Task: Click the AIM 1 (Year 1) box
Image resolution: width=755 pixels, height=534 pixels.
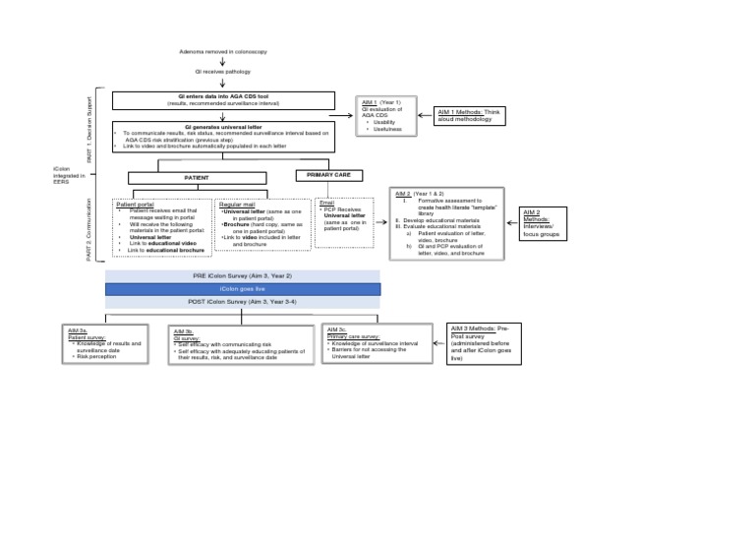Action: tap(386, 115)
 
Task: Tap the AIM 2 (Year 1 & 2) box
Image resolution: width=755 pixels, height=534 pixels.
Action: tap(448, 223)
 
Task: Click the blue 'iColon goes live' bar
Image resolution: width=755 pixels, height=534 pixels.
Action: tap(243, 289)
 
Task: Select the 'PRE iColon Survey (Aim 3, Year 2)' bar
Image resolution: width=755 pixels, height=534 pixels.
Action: tap(243, 275)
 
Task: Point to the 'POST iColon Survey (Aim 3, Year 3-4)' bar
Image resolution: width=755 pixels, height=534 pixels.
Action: tap(243, 303)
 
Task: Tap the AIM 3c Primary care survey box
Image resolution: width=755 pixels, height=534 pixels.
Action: tap(377, 343)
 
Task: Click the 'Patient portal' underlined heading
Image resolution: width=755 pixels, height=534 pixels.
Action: tap(136, 205)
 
